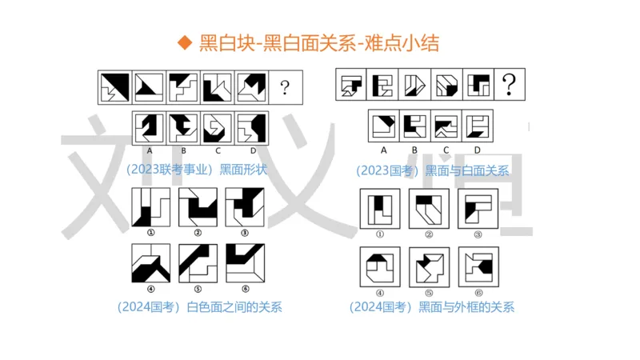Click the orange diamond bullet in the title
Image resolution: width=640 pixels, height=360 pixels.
coord(185,43)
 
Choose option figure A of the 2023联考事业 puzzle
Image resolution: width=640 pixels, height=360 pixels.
coord(148,126)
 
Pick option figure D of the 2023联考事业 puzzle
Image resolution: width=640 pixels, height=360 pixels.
coord(250,126)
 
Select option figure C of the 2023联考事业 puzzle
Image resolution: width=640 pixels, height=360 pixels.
coord(216,126)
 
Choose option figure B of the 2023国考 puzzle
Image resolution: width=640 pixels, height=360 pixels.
coord(414,125)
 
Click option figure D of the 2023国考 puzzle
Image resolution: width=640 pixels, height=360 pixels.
coord(477,125)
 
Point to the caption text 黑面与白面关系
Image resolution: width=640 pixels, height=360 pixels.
coord(466,170)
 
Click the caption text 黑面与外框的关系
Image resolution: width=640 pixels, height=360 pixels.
coord(466,306)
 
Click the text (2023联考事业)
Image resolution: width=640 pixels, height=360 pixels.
coord(169,170)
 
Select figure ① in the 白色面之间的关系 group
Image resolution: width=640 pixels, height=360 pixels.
coord(150,207)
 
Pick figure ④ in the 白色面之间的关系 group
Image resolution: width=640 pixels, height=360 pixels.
coord(150,263)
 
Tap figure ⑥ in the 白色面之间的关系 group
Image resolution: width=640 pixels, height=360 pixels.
coord(245,263)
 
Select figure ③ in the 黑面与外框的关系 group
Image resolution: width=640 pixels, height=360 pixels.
coord(478,208)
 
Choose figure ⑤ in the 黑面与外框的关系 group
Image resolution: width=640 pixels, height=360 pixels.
coord(430,266)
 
